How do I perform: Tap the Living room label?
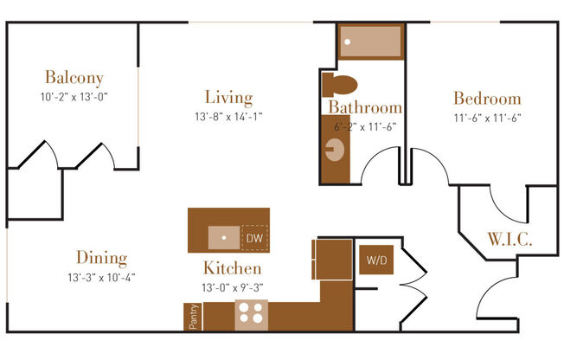point(228,97)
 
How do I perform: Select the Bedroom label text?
point(487,98)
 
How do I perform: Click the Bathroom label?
point(365,108)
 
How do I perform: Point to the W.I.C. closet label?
point(509,239)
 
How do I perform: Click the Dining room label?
point(101,258)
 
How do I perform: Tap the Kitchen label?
point(232,267)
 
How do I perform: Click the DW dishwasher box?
point(254,237)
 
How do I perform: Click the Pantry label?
point(193,316)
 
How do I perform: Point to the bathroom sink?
point(334,154)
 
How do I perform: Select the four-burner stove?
point(251,312)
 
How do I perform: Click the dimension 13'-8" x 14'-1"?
point(228,116)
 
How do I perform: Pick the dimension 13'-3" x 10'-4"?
point(101,278)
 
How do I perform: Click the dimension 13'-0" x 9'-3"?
point(232,286)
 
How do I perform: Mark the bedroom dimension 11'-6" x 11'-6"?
point(487,117)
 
